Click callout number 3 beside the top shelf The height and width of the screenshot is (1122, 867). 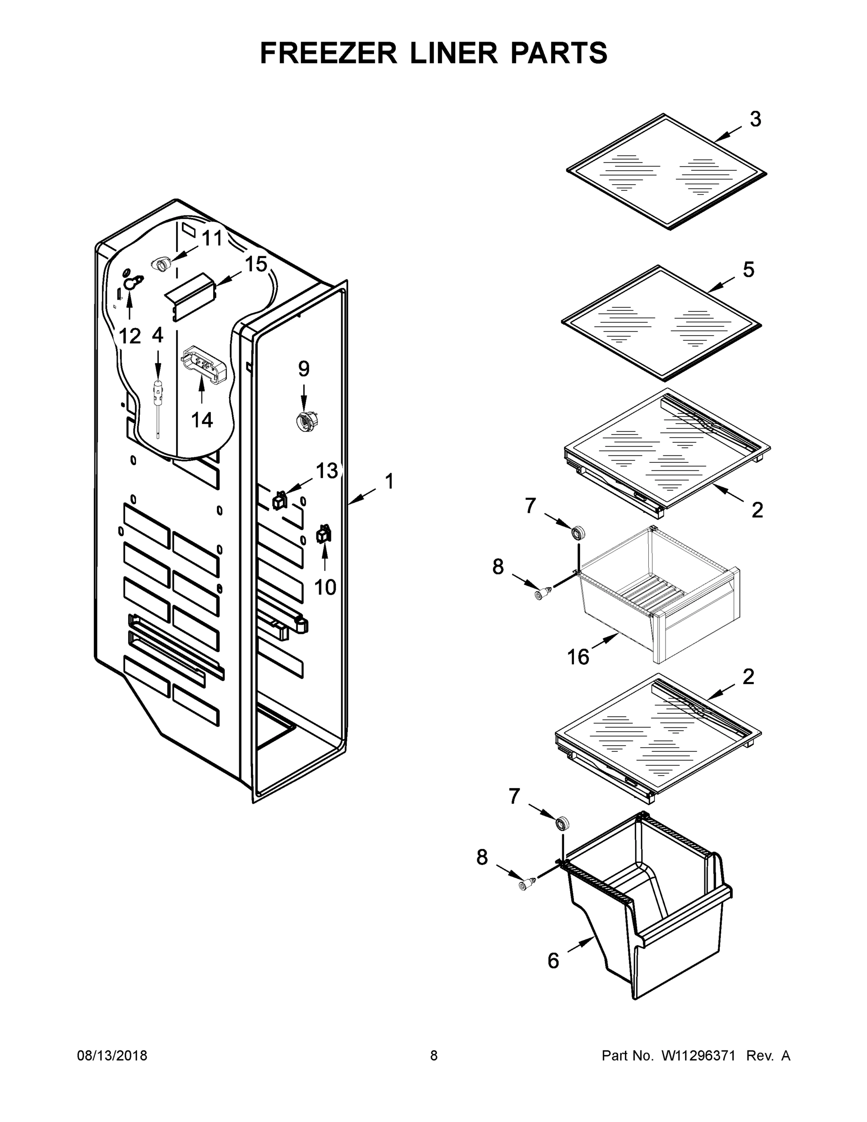pos(755,119)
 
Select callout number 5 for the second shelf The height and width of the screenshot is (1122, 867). pos(748,270)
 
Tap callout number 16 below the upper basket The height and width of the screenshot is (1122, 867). pos(578,656)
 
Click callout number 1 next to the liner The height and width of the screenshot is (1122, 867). pos(389,482)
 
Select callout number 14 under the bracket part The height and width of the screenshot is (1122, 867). pos(201,420)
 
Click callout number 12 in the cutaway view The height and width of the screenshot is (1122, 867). pos(129,337)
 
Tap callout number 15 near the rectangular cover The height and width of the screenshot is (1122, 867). pos(256,265)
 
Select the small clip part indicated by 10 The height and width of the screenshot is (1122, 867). pos(324,535)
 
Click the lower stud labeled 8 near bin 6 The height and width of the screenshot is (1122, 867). pos(525,884)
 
